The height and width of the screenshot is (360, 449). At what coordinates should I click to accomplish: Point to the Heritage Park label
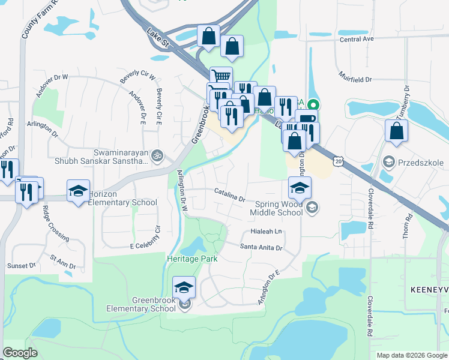click(x=191, y=259)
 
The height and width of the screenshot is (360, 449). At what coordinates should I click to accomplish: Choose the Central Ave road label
click(x=356, y=39)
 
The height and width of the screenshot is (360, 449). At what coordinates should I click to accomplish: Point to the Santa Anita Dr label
click(x=261, y=247)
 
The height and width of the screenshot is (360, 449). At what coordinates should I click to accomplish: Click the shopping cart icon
click(x=221, y=77)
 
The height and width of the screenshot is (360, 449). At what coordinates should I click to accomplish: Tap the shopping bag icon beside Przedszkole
click(x=396, y=131)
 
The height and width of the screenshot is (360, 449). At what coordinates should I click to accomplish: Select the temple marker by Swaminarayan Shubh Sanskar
click(x=157, y=155)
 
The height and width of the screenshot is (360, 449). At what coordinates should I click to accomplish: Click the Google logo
click(x=20, y=353)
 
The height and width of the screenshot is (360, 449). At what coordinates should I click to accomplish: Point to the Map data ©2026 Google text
click(x=412, y=355)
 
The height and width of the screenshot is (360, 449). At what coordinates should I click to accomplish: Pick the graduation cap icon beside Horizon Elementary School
click(x=78, y=190)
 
